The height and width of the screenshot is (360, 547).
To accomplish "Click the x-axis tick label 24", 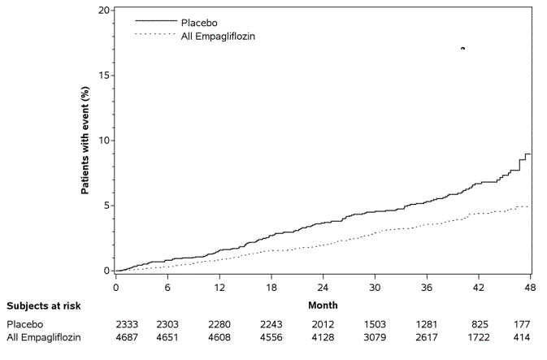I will point(323,288).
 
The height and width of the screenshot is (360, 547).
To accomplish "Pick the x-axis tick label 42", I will point(479,288).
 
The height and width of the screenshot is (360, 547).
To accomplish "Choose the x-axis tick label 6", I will point(167,288).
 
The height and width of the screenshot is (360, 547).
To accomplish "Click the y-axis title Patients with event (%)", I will point(85,141).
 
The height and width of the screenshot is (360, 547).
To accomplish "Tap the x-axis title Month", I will point(323,306).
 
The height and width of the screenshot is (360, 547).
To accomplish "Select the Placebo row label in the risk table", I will point(24,324).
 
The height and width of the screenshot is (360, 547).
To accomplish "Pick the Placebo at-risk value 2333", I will point(115,324).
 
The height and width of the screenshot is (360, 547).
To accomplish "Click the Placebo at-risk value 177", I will point(522,324).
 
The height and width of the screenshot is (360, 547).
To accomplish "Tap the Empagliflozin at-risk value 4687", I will point(115,337).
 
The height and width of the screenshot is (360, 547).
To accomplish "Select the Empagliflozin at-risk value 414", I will point(522,337).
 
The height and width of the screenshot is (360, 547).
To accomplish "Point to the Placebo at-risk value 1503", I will point(375,324).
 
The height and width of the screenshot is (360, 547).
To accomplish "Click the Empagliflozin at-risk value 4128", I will point(323,337).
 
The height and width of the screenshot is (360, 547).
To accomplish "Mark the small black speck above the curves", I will point(462,49).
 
